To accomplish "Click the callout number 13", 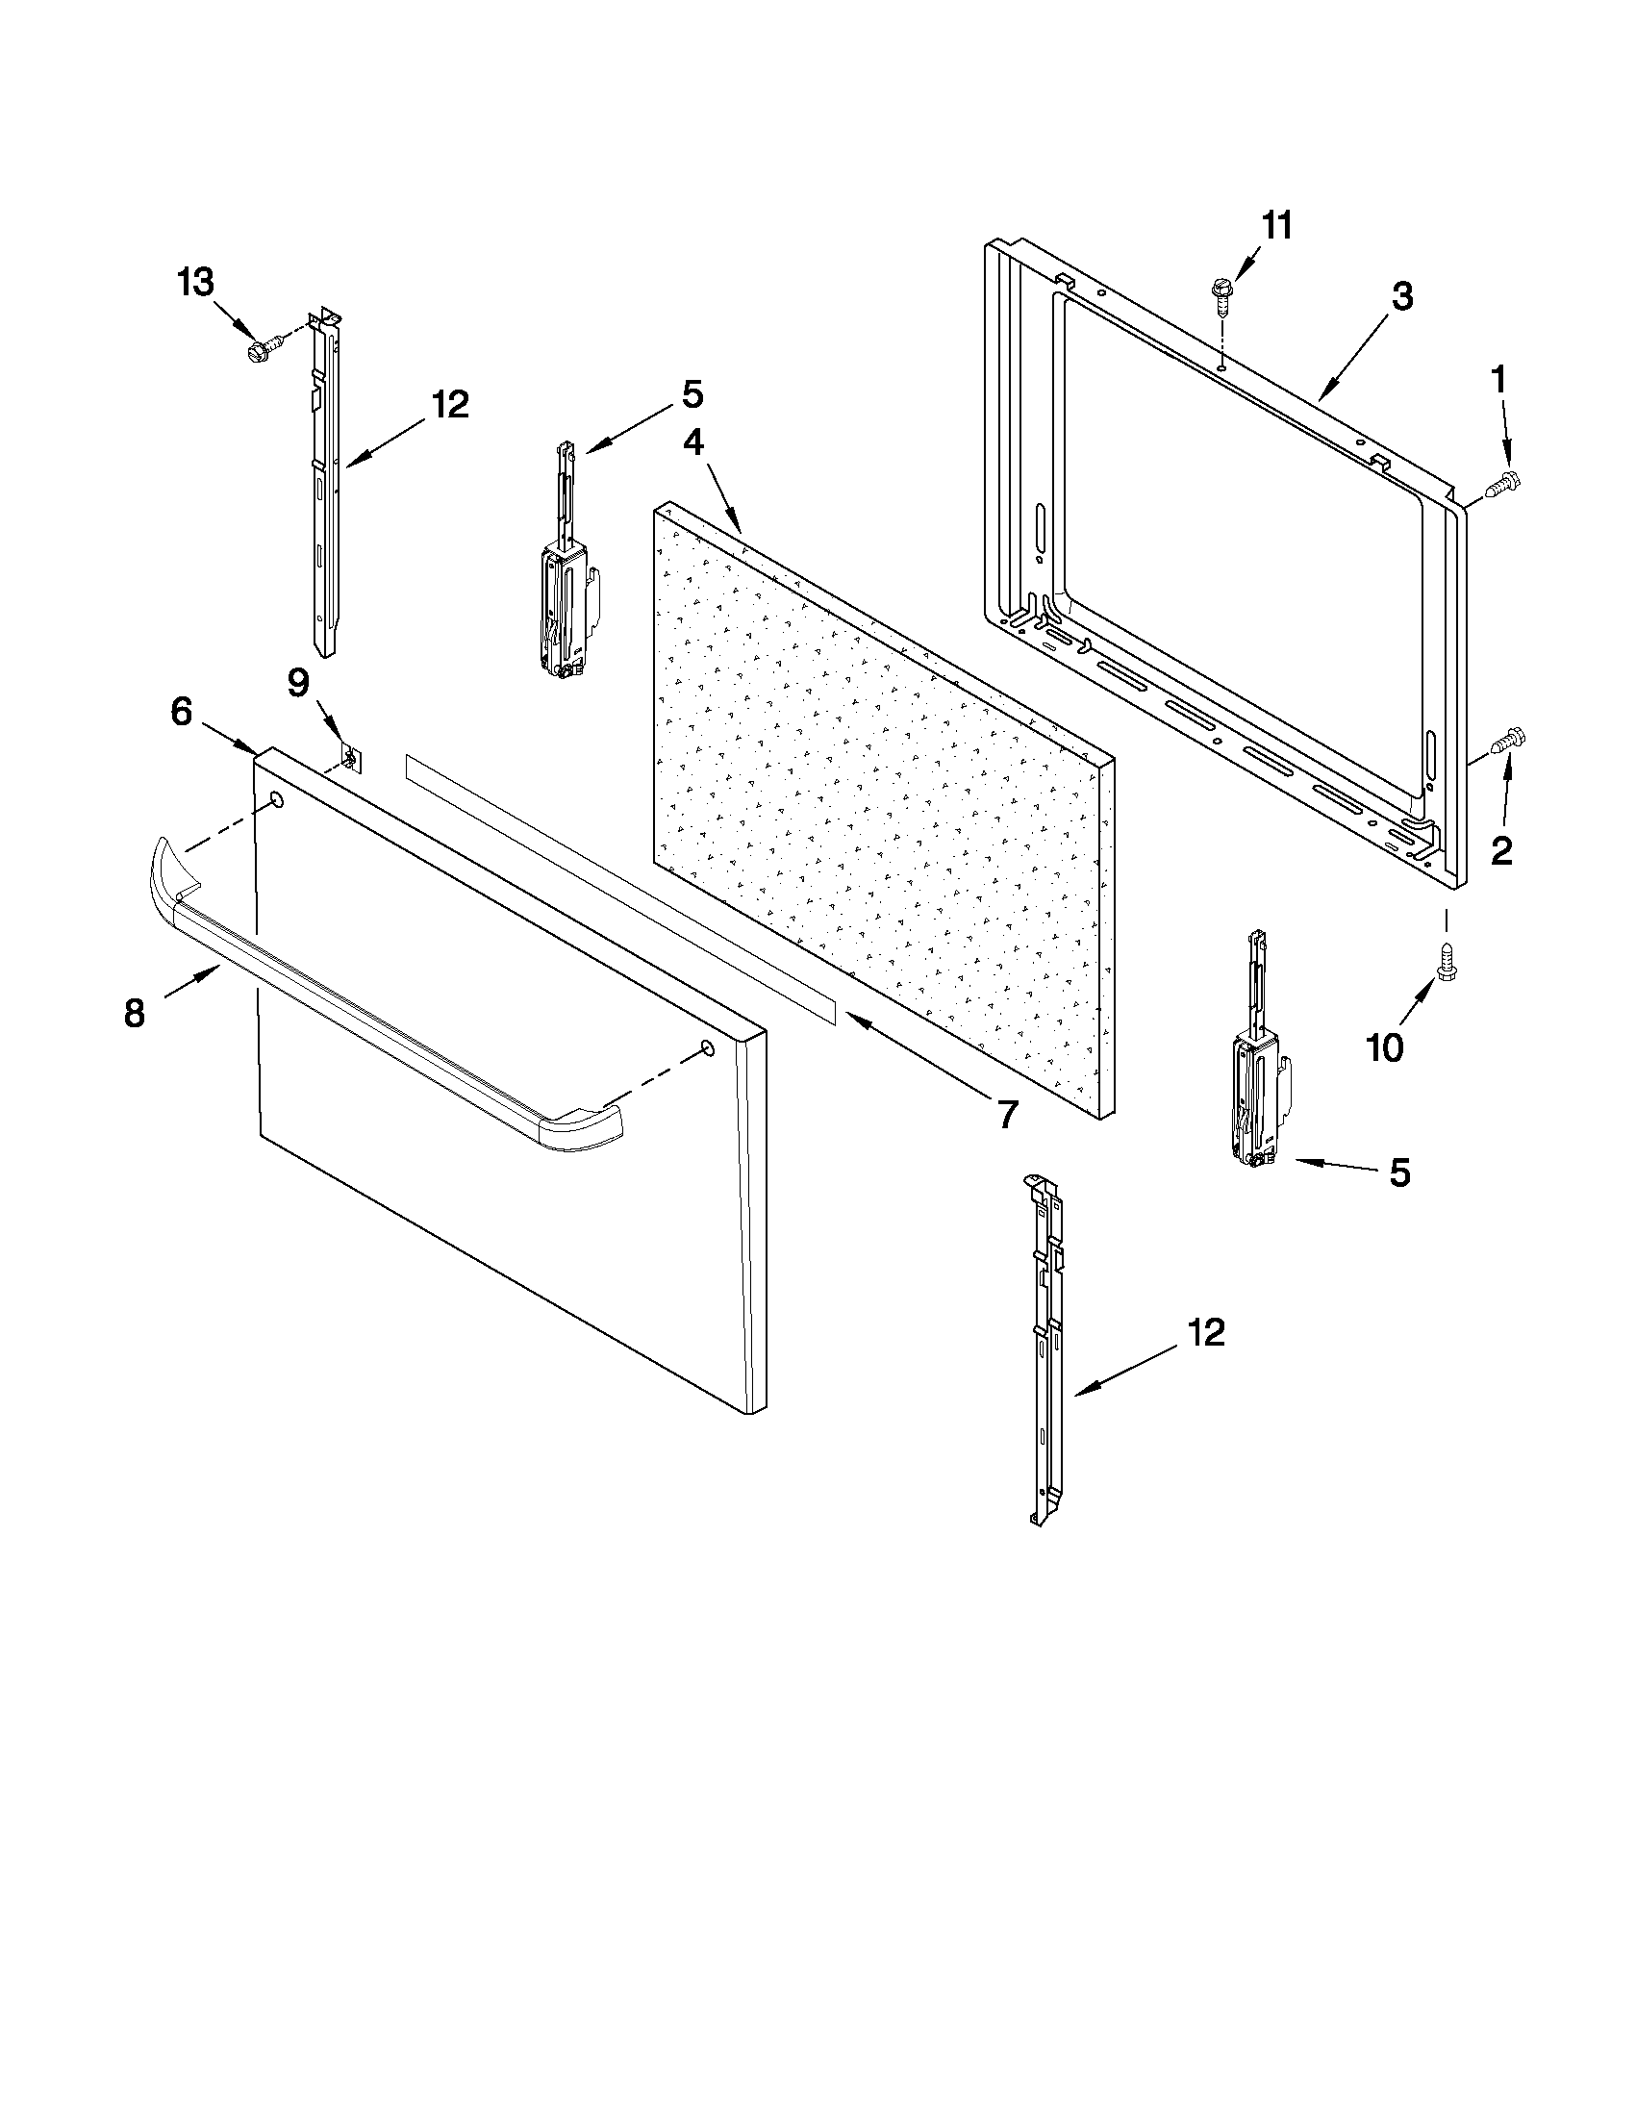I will (x=195, y=283).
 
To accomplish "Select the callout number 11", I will (x=1276, y=226).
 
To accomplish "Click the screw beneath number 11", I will (x=1221, y=294).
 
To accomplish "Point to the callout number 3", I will (x=1401, y=296).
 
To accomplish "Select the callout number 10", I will (x=1384, y=1046).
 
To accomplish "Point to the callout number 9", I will (x=298, y=684).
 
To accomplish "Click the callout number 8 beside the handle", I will (x=135, y=1014).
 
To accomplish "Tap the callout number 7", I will (x=1007, y=1115).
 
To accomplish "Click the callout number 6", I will (x=182, y=713).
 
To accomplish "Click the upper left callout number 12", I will (x=450, y=404).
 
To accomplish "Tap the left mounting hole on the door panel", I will (x=275, y=800).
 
